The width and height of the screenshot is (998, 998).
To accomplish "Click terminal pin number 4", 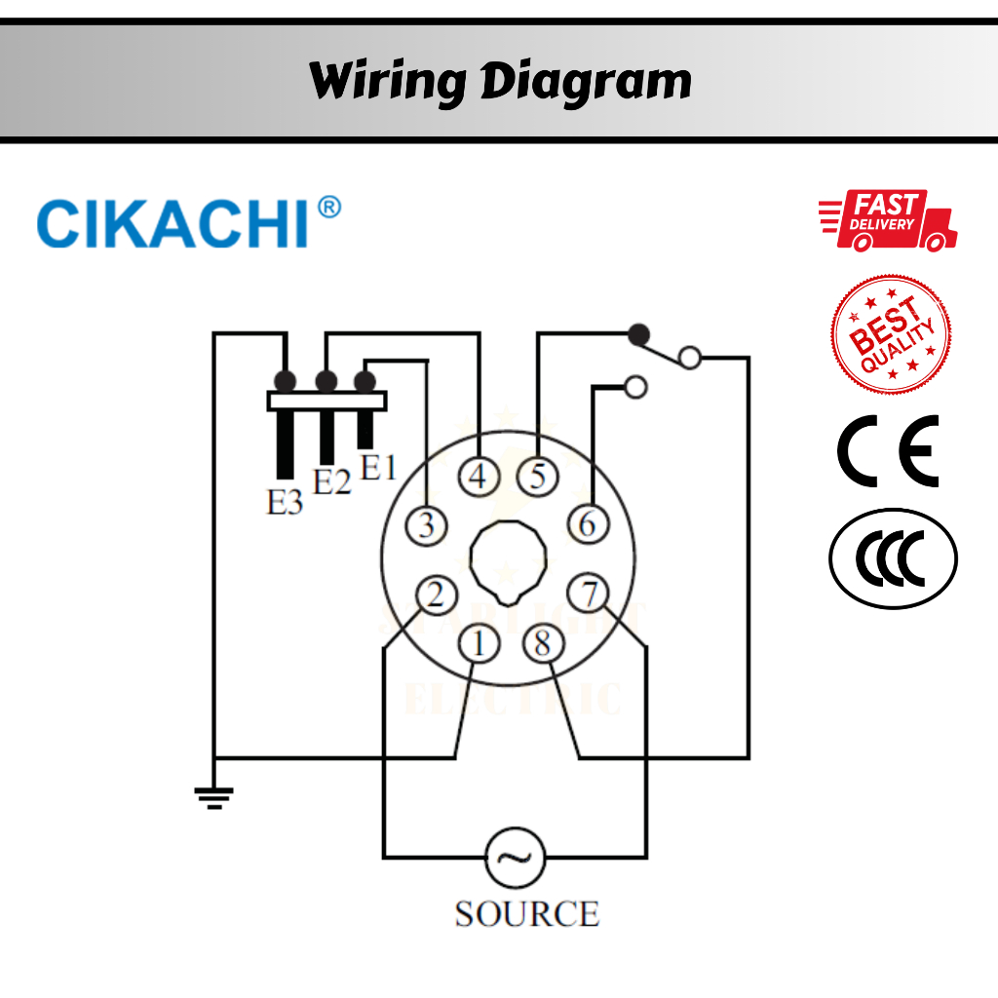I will coord(479,478).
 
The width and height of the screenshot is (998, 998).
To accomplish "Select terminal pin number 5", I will coord(538,478).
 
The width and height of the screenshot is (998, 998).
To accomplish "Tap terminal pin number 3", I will coord(427,525).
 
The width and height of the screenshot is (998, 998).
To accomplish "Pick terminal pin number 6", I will coord(589,524).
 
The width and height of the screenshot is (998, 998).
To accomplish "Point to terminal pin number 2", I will coord(436,595).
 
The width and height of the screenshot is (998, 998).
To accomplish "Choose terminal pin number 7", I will coord(589,594).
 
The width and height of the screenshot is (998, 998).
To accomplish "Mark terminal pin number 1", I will coord(479,643).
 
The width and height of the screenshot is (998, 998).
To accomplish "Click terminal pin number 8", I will coord(543,643).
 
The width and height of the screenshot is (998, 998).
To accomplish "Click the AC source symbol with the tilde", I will coord(515,857).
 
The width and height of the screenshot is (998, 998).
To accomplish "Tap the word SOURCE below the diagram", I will coord(526,914).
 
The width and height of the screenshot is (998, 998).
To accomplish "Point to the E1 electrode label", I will coord(378,468).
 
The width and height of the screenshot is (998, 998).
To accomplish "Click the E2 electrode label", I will coord(331,481).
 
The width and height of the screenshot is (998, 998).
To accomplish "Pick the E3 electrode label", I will coord(285,503).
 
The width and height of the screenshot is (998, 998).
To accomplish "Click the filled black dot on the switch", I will coord(639,334).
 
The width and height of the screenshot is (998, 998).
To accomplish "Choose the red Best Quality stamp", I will coord(891,334).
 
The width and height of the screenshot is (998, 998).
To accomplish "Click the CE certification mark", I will coord(889,451).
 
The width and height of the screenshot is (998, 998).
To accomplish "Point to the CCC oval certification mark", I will coord(893,559).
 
